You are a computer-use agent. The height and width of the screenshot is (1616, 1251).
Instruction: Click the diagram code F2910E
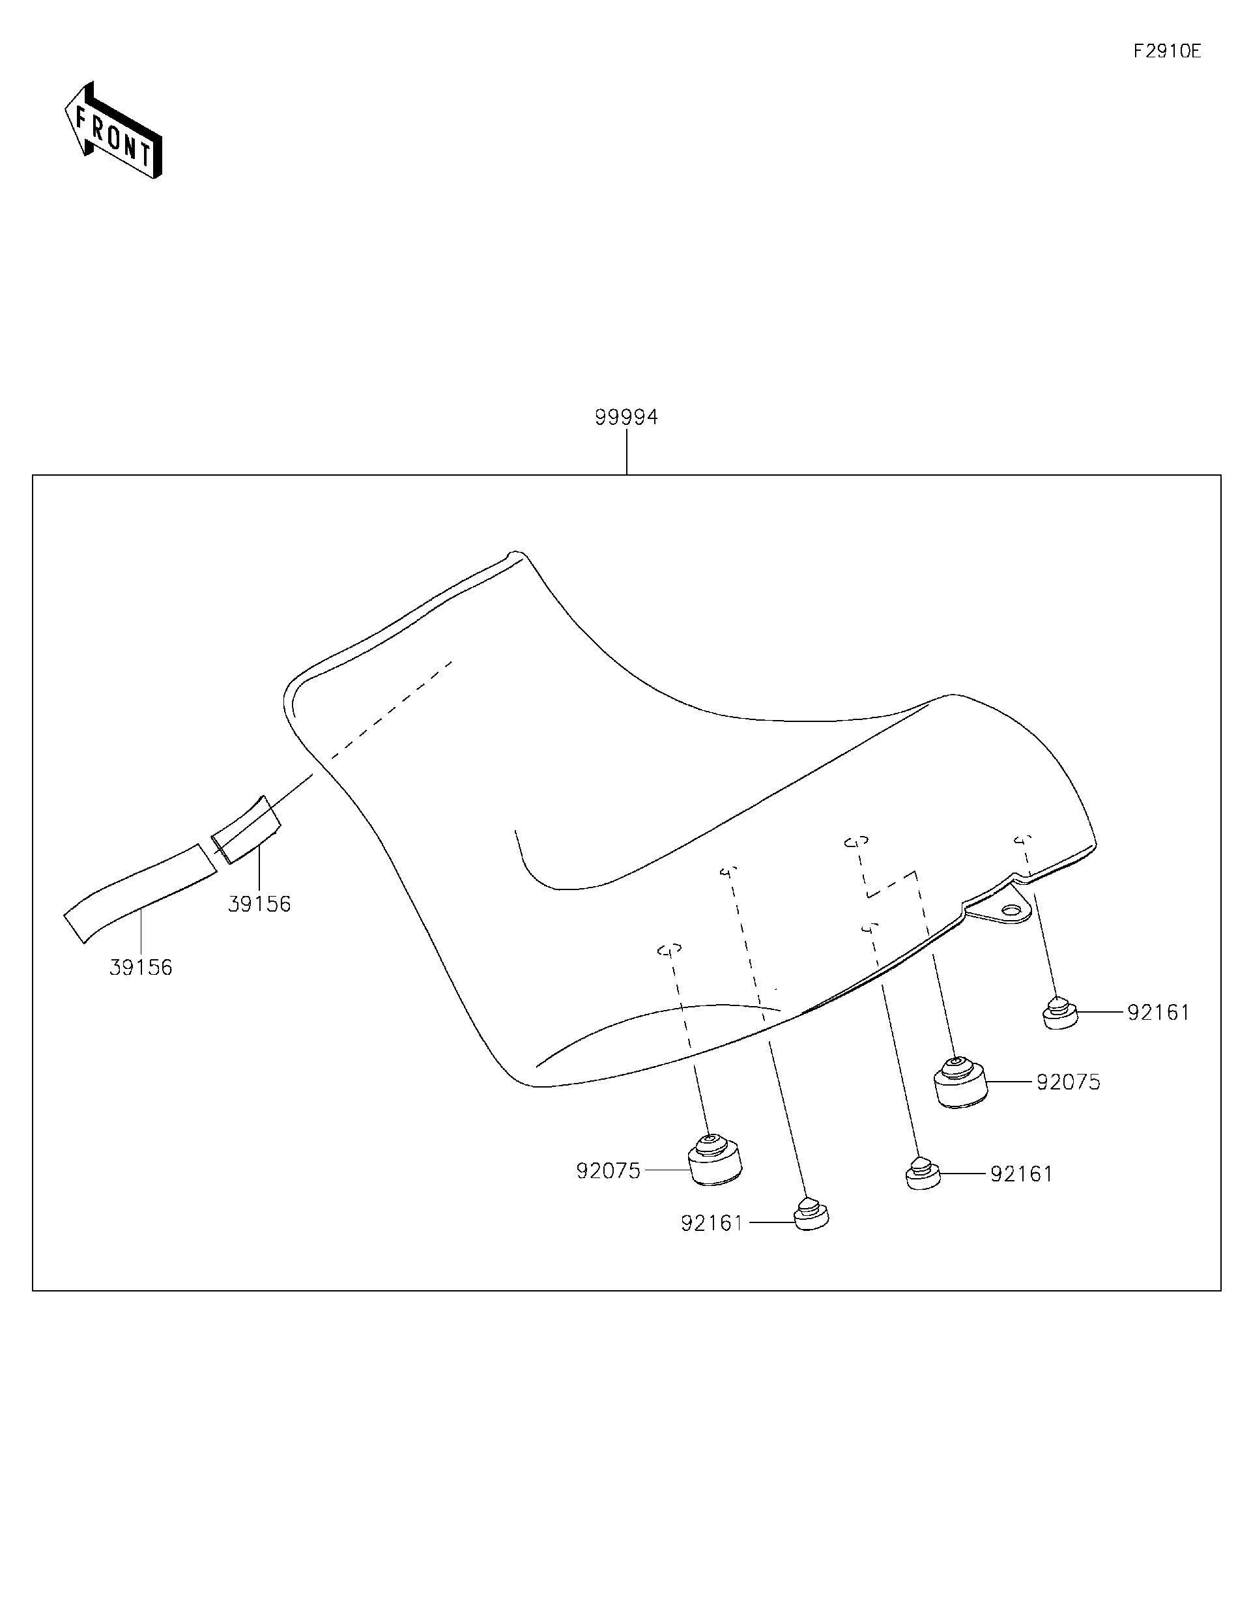1167,51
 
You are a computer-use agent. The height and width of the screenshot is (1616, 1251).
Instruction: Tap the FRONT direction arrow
113,131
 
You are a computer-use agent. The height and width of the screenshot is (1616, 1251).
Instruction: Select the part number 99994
626,417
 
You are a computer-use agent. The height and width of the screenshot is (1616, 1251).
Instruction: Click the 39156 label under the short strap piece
259,904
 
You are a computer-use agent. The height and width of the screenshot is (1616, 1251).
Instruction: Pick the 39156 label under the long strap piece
141,967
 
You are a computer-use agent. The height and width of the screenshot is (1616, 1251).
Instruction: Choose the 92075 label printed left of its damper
608,1170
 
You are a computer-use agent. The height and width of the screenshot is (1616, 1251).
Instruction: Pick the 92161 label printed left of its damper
712,1223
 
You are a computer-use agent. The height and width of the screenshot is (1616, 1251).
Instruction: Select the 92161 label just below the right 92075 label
1021,1174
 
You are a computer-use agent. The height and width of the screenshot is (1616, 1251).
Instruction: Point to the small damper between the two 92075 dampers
923,1174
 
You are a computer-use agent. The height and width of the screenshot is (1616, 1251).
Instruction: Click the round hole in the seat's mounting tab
1011,910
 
